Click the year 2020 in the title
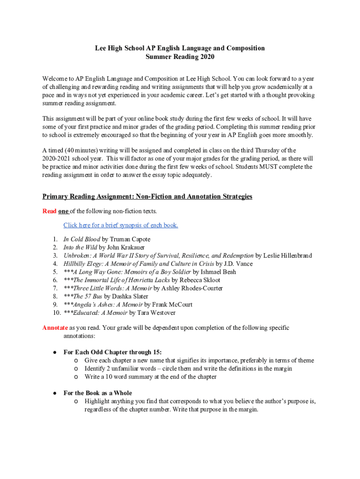[x=206, y=57]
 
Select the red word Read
[x=49, y=211]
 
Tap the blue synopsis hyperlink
[x=121, y=225]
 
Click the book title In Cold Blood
[x=82, y=239]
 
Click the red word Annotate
[x=55, y=328]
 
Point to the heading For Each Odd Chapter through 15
[x=113, y=352]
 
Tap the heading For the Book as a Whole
[x=98, y=393]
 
